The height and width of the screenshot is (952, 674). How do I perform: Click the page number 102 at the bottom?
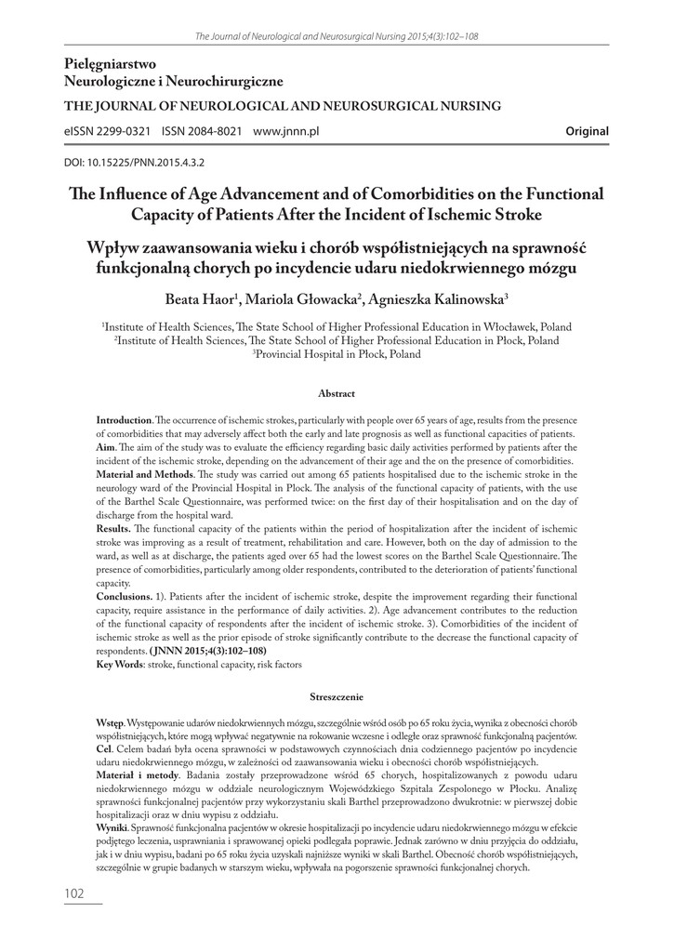pos(74,893)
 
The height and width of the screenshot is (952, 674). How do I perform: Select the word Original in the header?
pos(587,132)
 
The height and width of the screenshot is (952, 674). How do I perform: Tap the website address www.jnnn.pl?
pos(285,132)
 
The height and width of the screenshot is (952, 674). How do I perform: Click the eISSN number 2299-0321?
pos(124,132)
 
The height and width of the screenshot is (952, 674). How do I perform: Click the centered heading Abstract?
pos(337,394)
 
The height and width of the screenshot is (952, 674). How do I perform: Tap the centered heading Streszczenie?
pos(337,694)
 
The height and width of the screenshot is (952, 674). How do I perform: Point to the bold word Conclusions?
pos(125,595)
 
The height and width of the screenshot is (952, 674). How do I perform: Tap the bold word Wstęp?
pos(112,722)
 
